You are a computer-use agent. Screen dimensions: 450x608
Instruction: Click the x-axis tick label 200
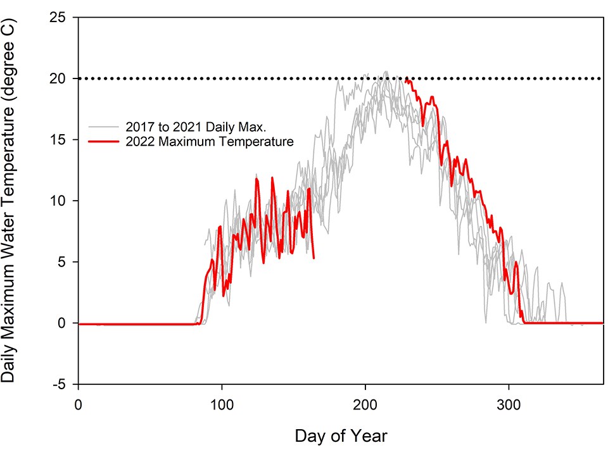pos(365,403)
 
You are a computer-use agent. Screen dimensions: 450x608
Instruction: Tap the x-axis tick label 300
pos(509,403)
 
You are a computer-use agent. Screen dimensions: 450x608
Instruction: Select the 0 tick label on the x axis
pos(78,403)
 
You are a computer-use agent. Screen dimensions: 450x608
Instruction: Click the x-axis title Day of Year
pos(340,435)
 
